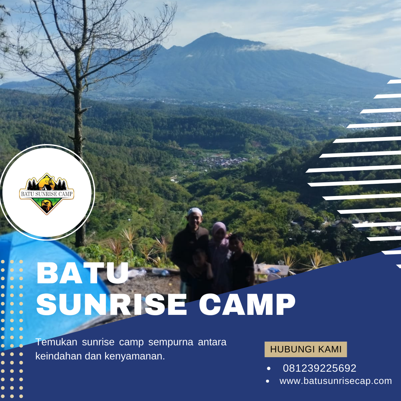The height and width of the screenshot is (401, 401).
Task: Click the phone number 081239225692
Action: click(x=319, y=368)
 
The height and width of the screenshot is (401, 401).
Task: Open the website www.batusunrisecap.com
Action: click(x=336, y=381)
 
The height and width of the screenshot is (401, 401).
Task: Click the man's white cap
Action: click(x=195, y=211)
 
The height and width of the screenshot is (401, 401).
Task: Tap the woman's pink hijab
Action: click(x=219, y=227)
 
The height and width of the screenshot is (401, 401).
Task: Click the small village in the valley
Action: click(x=223, y=162)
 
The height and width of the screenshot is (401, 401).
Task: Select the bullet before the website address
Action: click(x=268, y=381)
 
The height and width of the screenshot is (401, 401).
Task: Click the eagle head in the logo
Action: click(x=46, y=206)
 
